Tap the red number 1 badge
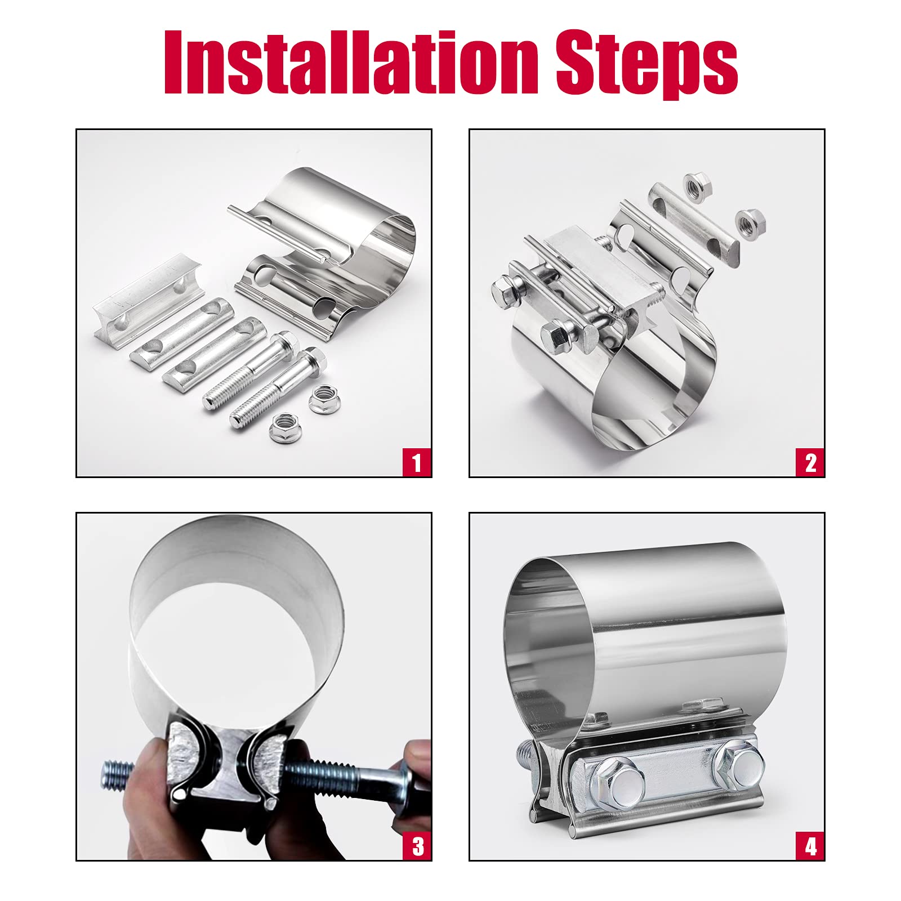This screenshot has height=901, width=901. [417, 462]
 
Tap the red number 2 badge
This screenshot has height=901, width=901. [810, 462]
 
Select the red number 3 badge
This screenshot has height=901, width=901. [417, 846]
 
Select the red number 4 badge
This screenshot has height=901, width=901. [810, 846]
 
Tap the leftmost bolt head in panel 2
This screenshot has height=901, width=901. [505, 291]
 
